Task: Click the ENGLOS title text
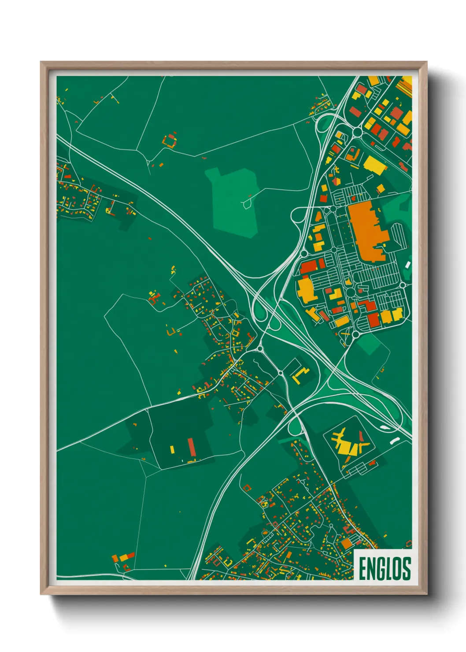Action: (385, 568)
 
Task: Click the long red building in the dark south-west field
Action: (192, 447)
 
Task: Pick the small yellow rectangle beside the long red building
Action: (172, 449)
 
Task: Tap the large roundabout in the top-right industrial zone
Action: (357, 132)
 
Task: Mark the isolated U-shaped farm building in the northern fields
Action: (170, 140)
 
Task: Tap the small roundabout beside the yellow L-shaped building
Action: (280, 373)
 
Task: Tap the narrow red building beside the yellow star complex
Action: (361, 436)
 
